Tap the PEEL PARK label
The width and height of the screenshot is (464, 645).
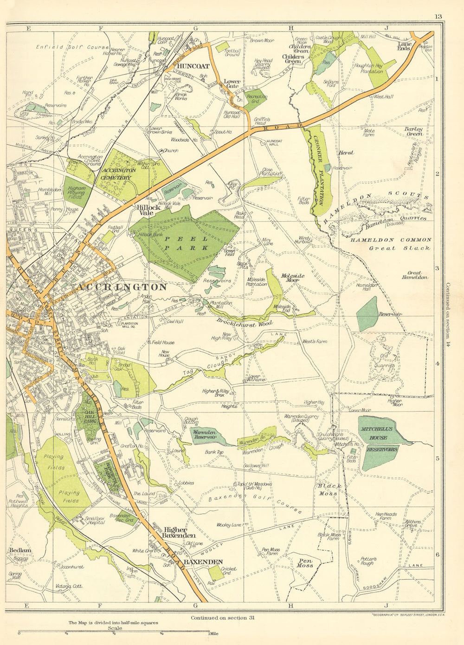coord(185,242)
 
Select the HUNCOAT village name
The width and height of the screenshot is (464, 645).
coord(193,66)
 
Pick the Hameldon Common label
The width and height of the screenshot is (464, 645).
coord(391,240)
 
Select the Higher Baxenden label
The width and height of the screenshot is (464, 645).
coord(175,533)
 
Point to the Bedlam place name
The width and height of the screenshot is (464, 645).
coord(20,550)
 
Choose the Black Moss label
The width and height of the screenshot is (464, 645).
coord(330,490)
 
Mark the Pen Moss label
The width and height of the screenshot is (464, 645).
coord(305,563)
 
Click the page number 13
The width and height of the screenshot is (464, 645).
coord(438,17)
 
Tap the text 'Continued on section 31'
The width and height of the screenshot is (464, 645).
coord(222,618)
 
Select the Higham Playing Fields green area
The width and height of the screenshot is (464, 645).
coord(77,192)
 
